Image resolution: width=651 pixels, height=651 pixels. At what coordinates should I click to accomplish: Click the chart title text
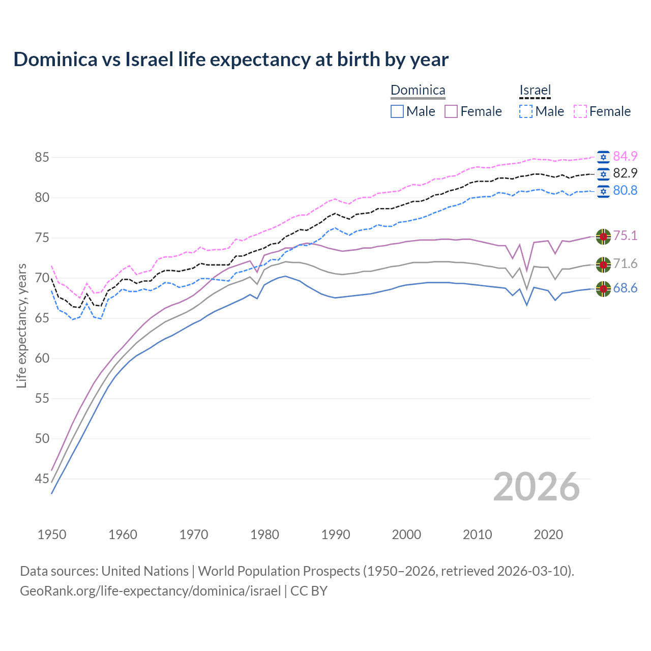pyautogui.click(x=231, y=60)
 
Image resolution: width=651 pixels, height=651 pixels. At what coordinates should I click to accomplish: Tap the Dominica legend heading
pyautogui.click(x=418, y=90)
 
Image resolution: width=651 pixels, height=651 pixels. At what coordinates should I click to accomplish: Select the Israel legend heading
pyautogui.click(x=535, y=90)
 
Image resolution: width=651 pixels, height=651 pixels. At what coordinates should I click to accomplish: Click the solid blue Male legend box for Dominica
pyautogui.click(x=397, y=111)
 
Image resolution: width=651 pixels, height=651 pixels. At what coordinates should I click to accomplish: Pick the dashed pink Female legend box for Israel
pyautogui.click(x=580, y=111)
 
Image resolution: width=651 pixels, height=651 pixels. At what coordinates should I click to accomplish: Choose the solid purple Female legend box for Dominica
pyautogui.click(x=451, y=111)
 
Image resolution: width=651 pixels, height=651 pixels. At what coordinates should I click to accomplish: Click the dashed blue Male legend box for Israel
pyautogui.click(x=526, y=111)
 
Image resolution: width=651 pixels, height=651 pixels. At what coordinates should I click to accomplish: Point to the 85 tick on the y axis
pyautogui.click(x=42, y=157)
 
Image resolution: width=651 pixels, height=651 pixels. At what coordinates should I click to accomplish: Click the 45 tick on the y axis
pyautogui.click(x=42, y=479)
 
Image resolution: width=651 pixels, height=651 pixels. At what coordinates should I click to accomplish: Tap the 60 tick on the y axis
pyautogui.click(x=42, y=358)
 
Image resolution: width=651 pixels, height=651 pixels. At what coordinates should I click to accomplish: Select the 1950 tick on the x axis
pyautogui.click(x=52, y=535)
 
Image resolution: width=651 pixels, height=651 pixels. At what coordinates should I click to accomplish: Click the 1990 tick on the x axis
pyautogui.click(x=336, y=535)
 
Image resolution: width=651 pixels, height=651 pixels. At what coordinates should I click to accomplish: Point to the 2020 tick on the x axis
pyautogui.click(x=548, y=535)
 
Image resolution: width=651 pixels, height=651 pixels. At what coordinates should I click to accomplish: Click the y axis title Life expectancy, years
pyautogui.click(x=21, y=325)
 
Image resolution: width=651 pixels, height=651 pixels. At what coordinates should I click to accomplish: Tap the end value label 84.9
pyautogui.click(x=625, y=156)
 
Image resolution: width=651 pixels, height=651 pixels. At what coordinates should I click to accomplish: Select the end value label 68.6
pyautogui.click(x=625, y=288)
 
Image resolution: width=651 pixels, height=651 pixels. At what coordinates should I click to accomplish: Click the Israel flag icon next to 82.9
pyautogui.click(x=603, y=173)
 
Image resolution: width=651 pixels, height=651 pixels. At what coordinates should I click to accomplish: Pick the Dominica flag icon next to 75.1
pyautogui.click(x=603, y=236)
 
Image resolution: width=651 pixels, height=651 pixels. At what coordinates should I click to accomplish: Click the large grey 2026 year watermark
pyautogui.click(x=537, y=487)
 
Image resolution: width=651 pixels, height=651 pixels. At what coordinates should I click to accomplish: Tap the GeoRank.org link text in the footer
pyautogui.click(x=150, y=591)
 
